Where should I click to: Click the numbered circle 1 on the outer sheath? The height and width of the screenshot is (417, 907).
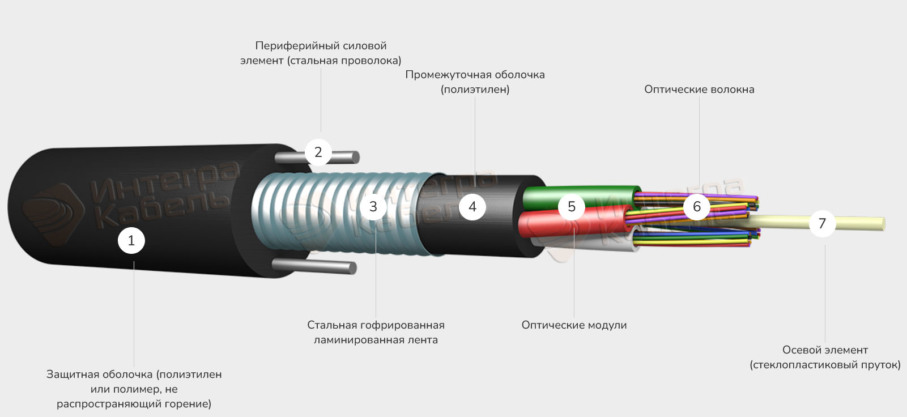click(x=131, y=241)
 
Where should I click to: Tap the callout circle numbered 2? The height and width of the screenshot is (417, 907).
click(x=318, y=152)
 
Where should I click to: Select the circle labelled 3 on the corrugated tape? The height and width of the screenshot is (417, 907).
click(x=373, y=207)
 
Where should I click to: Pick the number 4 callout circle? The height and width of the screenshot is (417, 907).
click(x=472, y=207)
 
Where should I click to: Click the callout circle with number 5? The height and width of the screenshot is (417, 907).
click(x=571, y=207)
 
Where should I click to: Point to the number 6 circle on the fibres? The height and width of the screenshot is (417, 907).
click(x=697, y=207)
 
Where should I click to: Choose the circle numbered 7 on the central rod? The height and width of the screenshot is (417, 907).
click(x=822, y=223)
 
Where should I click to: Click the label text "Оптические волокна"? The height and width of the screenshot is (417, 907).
click(x=699, y=90)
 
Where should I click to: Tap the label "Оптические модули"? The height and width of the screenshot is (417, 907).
click(x=574, y=325)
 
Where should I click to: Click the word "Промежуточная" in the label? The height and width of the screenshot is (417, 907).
click(x=448, y=75)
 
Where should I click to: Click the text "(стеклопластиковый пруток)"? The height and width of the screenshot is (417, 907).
click(x=825, y=365)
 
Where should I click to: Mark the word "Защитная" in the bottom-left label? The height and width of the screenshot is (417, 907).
click(x=71, y=375)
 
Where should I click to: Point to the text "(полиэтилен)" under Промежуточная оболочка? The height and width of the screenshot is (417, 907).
click(x=475, y=90)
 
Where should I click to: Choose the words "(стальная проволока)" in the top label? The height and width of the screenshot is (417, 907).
click(x=344, y=61)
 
